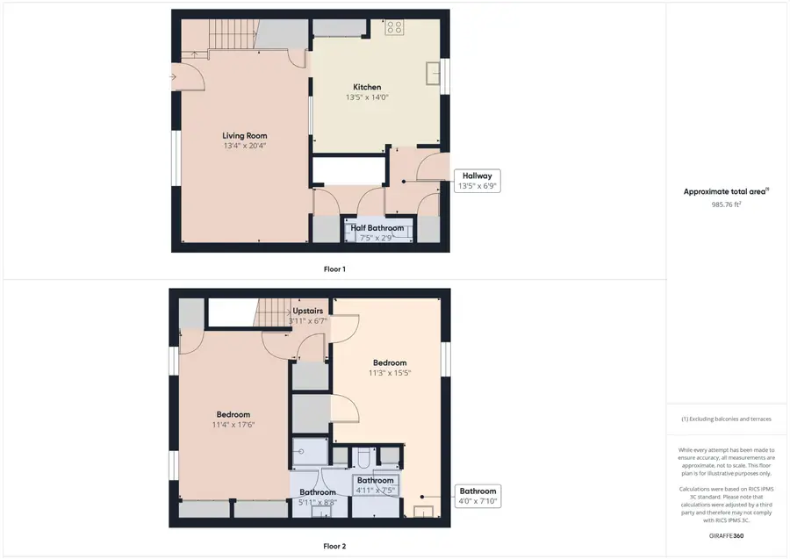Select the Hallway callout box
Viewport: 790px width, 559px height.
coord(478,181)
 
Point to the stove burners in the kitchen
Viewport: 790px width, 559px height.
coord(394,27)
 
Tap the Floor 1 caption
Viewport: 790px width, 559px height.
coord(334,269)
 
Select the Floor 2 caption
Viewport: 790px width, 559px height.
coord(334,547)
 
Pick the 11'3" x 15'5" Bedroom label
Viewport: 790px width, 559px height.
coord(390,368)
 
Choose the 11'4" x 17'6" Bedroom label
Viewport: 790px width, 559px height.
coord(233,419)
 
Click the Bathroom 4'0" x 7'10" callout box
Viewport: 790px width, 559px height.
coord(478,496)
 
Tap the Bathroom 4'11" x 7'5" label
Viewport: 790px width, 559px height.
coord(376,485)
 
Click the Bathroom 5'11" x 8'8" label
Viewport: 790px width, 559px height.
coord(318,497)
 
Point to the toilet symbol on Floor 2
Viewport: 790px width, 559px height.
coord(363,457)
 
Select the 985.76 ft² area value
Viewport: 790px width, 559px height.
coord(726,204)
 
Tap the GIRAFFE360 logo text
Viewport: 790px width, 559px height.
coord(726,536)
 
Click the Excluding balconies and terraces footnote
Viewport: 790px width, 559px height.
coord(726,419)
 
